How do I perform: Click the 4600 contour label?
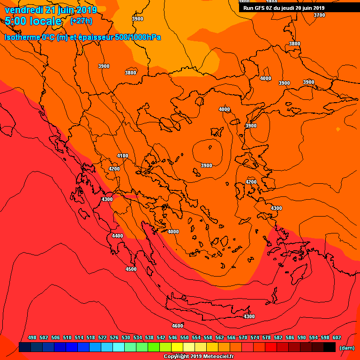tap(177, 326)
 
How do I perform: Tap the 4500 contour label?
tap(131, 269)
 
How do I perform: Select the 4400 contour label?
tap(117, 236)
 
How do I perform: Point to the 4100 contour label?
tap(122, 156)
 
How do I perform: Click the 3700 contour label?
tap(319, 15)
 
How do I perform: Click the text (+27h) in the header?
tap(81, 21)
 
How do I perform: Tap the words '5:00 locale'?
tap(33, 22)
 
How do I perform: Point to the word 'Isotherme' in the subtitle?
tap(22, 37)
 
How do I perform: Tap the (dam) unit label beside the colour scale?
tap(346, 348)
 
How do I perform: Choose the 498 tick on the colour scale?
tap(32, 337)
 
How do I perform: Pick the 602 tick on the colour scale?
tap(337, 337)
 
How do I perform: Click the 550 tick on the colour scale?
tap(185, 337)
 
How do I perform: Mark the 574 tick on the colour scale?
tap(255, 337)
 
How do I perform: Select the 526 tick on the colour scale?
tap(114, 337)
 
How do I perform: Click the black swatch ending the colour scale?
tap(330, 347)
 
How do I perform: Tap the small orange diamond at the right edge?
tap(337, 129)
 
